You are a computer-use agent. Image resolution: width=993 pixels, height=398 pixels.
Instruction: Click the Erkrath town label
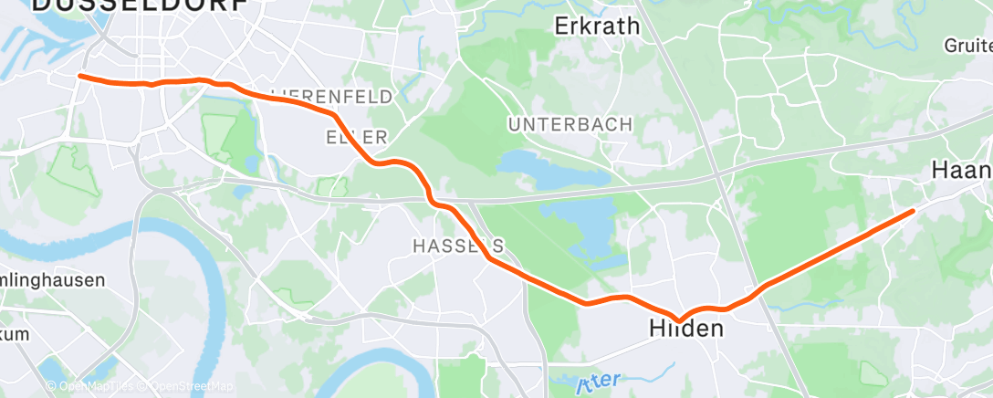[597, 26]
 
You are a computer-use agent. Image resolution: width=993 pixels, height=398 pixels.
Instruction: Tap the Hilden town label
[686, 328]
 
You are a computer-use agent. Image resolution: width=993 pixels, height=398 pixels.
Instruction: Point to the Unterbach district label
[570, 123]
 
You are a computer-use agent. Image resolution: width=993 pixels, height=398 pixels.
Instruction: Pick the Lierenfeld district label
[332, 96]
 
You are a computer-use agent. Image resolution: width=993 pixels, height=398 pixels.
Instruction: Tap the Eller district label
[357, 137]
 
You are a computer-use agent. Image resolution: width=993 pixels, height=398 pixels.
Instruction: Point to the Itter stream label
[599, 382]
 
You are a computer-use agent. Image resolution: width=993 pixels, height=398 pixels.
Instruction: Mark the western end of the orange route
[80, 76]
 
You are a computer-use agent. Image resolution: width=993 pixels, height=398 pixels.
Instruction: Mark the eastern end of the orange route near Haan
[912, 211]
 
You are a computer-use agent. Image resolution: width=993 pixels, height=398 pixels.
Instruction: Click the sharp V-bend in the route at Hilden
[678, 319]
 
